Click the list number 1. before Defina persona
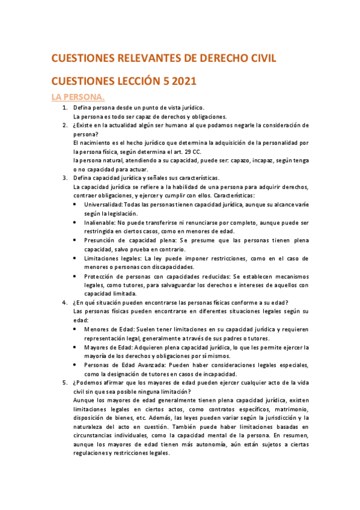click(x=66, y=107)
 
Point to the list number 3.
click(x=66, y=178)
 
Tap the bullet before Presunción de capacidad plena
click(x=75, y=240)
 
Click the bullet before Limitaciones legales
click(x=75, y=258)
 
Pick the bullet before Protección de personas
click(x=75, y=275)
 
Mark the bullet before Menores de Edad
click(x=75, y=329)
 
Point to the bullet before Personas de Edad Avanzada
click(x=75, y=364)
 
